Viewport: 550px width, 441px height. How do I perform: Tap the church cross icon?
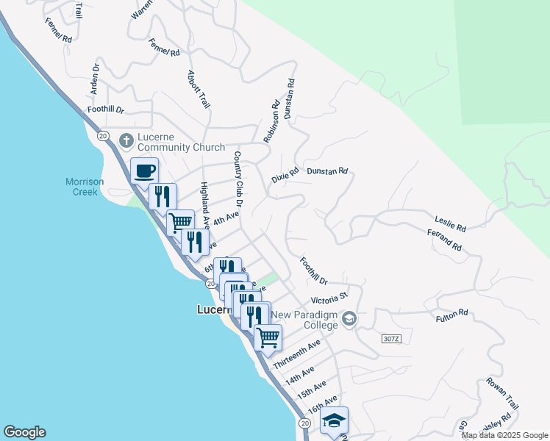[x=126, y=140]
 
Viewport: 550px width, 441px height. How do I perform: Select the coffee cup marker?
[x=144, y=171]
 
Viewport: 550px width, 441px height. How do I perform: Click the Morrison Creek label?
[x=85, y=187]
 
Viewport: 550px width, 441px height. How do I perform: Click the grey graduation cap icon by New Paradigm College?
[x=349, y=318]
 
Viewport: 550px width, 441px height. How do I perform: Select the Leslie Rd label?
[x=451, y=223]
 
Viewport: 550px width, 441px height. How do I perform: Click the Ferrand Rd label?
[x=444, y=240]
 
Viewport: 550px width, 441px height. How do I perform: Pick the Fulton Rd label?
[x=451, y=313]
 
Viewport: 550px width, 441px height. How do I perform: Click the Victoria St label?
[x=329, y=299]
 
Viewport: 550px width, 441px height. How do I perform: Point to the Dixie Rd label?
[x=285, y=176]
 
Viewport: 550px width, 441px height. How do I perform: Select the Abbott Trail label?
[x=199, y=90]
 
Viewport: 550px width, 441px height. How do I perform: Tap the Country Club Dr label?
[x=238, y=178]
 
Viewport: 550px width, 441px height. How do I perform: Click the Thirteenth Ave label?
[x=296, y=355]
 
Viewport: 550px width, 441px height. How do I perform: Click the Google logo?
[x=24, y=432]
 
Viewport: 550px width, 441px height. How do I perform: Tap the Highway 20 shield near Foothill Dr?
[x=102, y=136]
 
